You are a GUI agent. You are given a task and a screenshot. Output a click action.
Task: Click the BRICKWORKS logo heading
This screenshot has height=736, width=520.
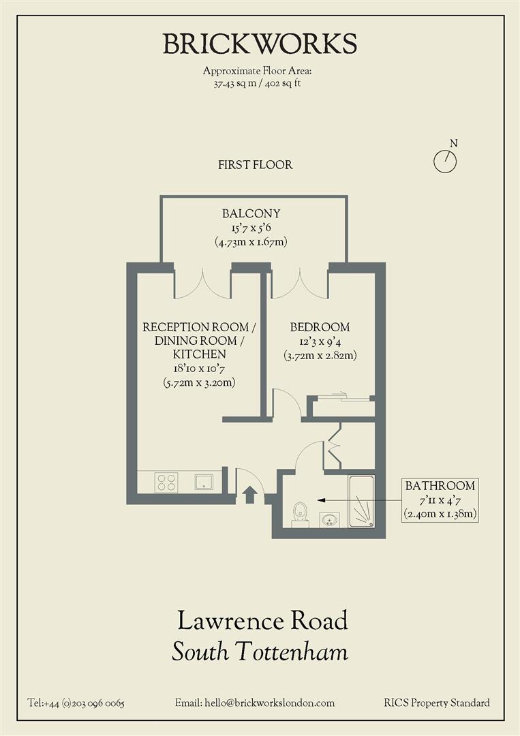click(x=260, y=44)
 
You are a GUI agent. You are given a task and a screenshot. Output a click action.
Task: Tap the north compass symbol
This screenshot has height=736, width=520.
click(x=445, y=161)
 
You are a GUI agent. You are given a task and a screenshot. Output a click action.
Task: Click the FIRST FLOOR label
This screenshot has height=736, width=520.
click(x=256, y=165)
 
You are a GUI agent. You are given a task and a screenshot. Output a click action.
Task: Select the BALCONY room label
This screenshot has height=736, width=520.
click(x=251, y=213)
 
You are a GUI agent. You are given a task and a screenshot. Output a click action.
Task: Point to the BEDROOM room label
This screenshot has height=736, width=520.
click(x=320, y=327)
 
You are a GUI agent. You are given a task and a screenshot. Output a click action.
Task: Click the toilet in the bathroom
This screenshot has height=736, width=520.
click(x=300, y=514)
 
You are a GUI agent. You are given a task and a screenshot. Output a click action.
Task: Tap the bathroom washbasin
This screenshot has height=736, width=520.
click(x=330, y=520)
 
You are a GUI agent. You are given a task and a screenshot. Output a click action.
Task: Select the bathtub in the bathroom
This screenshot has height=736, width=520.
click(x=361, y=502)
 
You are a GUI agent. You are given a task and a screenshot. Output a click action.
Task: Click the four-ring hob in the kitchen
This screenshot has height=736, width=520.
click(x=168, y=482)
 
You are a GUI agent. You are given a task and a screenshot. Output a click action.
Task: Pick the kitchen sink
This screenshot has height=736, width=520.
click(x=204, y=482)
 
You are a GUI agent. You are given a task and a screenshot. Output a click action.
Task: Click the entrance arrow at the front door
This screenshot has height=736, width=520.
click(x=249, y=495)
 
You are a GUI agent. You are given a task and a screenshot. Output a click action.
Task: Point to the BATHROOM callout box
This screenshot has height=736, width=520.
click(x=440, y=500)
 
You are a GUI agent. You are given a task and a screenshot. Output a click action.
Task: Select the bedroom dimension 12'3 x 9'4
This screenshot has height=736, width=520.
click(x=320, y=341)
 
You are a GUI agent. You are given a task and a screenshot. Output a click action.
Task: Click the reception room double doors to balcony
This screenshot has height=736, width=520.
click(x=202, y=286)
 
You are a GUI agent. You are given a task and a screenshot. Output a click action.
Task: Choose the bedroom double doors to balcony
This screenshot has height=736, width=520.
click(x=300, y=286)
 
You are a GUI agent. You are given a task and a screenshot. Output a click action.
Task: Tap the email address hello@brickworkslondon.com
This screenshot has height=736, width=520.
click(x=255, y=703)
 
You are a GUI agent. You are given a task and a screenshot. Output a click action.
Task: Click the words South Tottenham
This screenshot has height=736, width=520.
click(x=260, y=652)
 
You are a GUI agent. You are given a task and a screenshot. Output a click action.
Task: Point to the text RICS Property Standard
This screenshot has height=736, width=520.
click(x=436, y=703)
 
